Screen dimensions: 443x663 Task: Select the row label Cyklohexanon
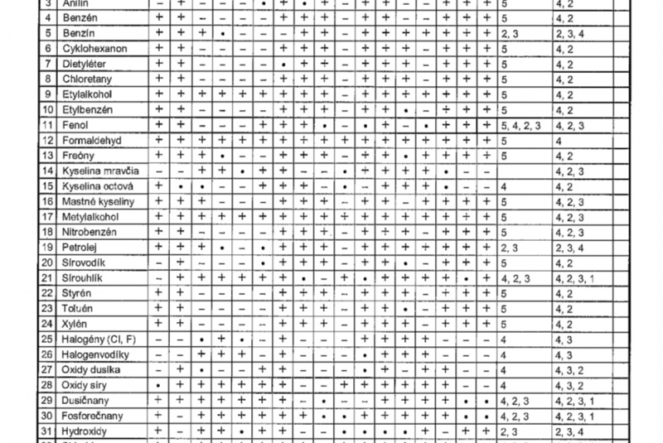94,49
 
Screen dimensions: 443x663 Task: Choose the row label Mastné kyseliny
98,201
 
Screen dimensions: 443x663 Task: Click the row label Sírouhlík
84,277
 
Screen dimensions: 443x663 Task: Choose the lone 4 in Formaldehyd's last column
559,140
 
